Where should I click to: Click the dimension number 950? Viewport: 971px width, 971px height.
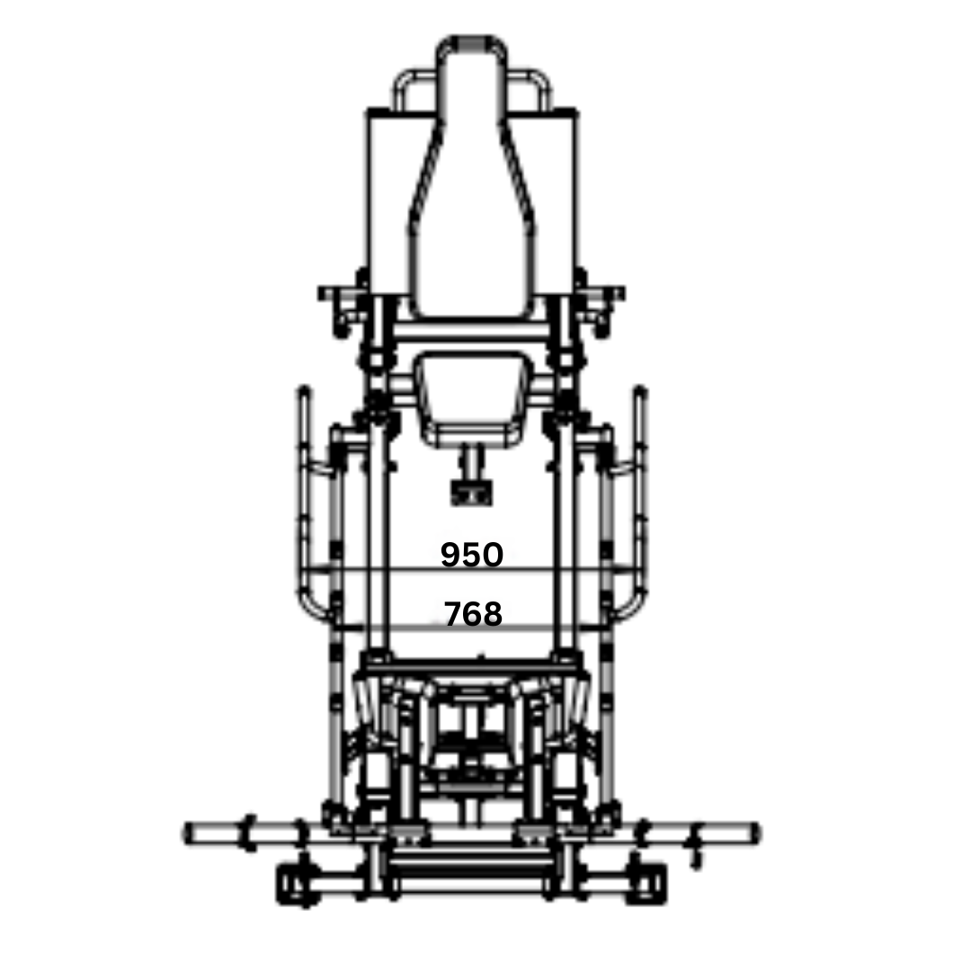[x=472, y=554]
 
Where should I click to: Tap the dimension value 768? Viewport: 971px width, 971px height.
[x=473, y=614]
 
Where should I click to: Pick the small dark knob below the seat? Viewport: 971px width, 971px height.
[x=472, y=494]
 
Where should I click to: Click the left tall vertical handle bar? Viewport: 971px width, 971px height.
[x=304, y=495]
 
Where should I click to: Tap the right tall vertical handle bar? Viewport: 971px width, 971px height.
[x=640, y=495]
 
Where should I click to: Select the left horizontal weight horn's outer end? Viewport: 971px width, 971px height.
[x=187, y=833]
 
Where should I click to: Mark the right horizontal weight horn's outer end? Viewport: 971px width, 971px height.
[x=756, y=833]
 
